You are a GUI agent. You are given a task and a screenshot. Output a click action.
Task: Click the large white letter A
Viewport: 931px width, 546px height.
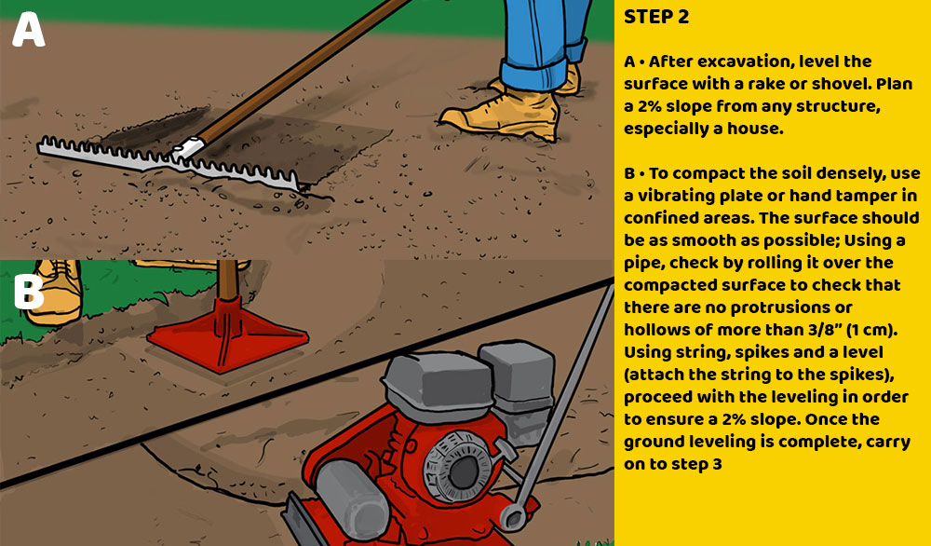(x=29, y=30)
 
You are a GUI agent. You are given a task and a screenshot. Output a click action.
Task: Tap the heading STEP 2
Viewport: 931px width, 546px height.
(x=656, y=17)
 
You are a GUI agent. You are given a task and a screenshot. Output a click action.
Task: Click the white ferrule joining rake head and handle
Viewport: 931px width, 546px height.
(x=189, y=147)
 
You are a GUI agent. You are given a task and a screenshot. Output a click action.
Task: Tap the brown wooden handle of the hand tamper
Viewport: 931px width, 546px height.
(x=227, y=280)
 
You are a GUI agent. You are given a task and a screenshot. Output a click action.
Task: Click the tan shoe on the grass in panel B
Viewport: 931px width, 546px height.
(x=55, y=291)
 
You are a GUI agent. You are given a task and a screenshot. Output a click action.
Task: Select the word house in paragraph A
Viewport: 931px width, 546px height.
(x=758, y=129)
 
